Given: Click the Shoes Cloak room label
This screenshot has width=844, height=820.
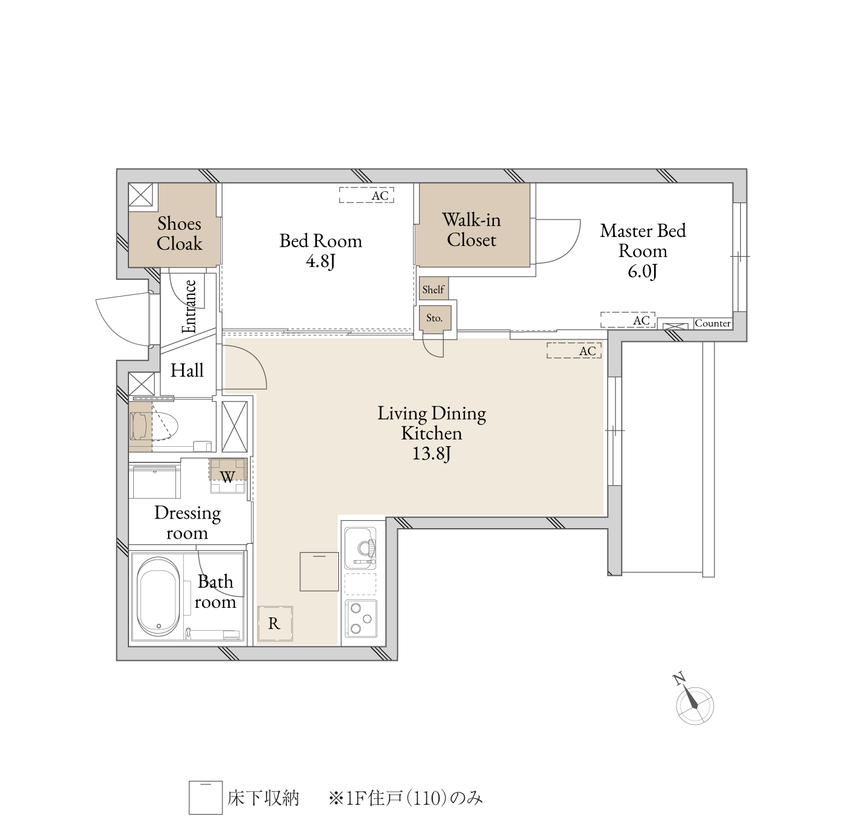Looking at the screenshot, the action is [x=179, y=233].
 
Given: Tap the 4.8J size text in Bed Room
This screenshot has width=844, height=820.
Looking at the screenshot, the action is [x=321, y=262].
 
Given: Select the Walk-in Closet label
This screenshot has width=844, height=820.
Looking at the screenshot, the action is [x=471, y=230].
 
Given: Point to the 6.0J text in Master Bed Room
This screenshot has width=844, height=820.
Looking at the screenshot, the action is [x=642, y=271].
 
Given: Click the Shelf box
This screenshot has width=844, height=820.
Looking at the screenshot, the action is [x=433, y=289].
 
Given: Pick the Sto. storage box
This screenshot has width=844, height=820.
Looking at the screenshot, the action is [x=435, y=320].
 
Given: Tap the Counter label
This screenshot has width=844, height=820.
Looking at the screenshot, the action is [x=713, y=323].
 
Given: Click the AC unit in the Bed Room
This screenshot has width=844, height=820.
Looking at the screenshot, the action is [x=367, y=195].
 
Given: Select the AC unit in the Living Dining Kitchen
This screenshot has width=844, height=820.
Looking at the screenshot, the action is [x=574, y=350].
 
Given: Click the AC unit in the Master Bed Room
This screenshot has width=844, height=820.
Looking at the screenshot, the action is [x=628, y=320].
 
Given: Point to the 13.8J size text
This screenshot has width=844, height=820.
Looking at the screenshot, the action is [x=432, y=454].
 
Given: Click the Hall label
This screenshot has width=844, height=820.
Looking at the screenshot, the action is [x=187, y=371].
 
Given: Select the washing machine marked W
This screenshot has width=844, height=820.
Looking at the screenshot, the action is [x=228, y=476].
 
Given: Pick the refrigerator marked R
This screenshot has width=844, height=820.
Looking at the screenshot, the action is [x=275, y=623].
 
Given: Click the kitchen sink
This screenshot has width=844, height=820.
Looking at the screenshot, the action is [x=360, y=549].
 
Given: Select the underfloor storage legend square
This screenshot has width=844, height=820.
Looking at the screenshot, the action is [x=206, y=798].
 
